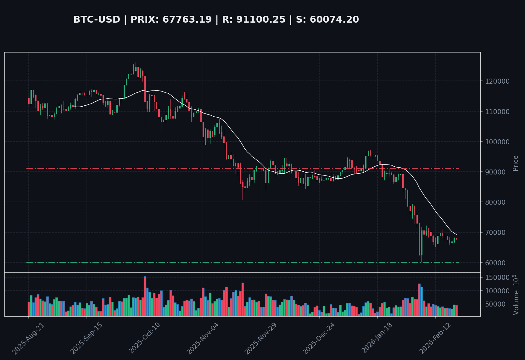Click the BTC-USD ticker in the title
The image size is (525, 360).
click(97, 19)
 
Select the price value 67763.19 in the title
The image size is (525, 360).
click(187, 19)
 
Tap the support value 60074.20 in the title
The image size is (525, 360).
click(334, 19)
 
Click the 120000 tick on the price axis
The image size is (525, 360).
click(497, 81)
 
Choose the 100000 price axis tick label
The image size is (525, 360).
click(497, 142)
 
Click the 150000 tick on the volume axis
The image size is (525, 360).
click(497, 278)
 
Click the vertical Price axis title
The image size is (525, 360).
click(515, 163)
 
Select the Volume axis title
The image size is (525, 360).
click(516, 295)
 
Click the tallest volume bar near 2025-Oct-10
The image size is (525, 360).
click(145, 296)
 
